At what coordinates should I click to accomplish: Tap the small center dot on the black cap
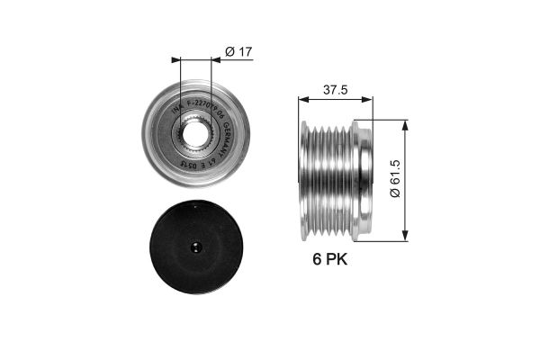(x=196, y=247)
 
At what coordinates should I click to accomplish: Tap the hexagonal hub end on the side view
(x=363, y=180)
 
